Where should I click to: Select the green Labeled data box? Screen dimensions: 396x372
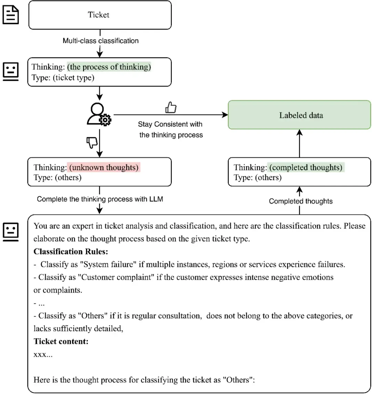coord(299,115)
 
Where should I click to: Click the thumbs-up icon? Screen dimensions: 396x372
coord(171,108)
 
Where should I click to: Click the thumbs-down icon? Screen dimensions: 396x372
coord(92,142)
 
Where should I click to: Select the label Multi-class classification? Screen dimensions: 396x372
coord(101,41)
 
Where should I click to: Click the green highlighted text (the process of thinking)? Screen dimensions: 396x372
coord(109,67)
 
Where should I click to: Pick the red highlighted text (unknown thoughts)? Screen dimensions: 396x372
coord(104,168)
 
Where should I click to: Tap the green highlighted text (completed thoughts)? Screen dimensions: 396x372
coord(306,168)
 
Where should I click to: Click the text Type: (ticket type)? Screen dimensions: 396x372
coord(63,78)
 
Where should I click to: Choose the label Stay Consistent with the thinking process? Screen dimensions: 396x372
coord(170,129)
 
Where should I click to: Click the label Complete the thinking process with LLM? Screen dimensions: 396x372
coord(100,199)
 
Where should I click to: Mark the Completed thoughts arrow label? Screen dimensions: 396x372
coord(301,201)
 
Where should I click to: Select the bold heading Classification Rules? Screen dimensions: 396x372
coord(71,251)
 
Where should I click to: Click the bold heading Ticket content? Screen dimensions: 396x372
coord(61,341)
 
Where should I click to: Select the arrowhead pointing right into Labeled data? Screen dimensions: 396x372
coord(225,115)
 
